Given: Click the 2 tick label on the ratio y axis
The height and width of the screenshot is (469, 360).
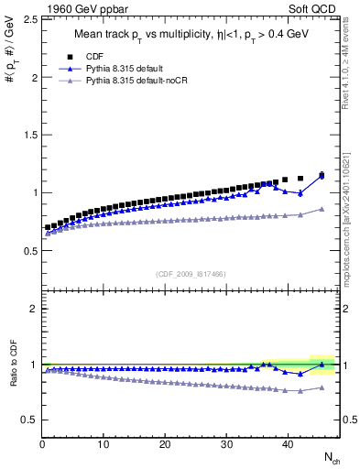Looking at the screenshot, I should click(x=32, y=309).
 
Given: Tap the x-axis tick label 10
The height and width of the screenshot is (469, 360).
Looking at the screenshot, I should click(x=104, y=445).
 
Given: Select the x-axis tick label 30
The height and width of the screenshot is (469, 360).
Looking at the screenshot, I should click(x=226, y=445).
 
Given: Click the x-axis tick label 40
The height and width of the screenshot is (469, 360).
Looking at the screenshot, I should click(x=288, y=445).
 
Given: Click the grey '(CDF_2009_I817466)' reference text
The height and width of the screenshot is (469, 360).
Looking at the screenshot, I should click(x=190, y=274).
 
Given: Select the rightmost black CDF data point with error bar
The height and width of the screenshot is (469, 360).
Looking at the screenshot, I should click(x=322, y=175).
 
